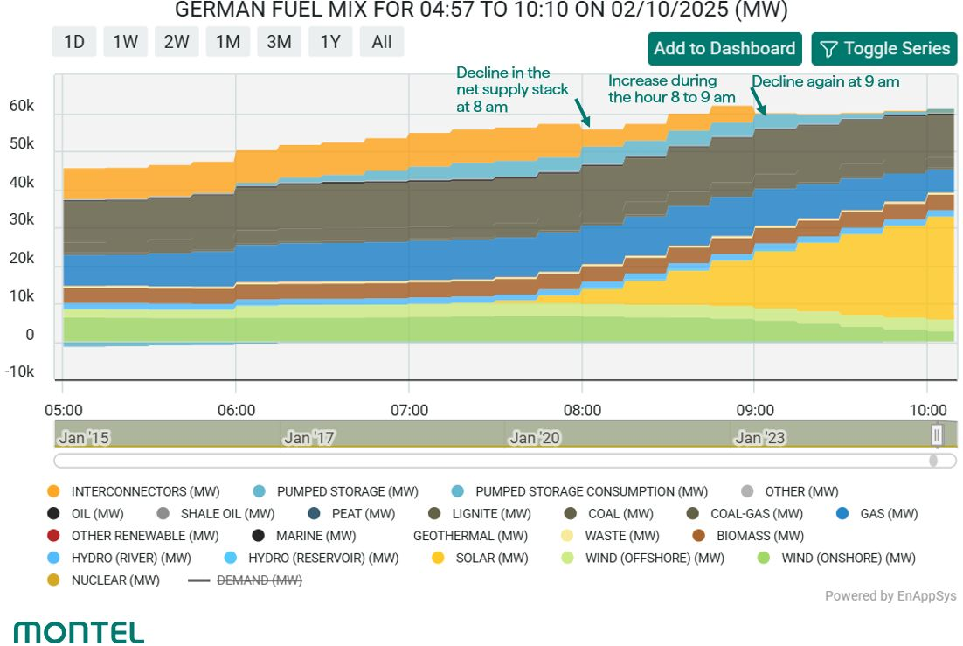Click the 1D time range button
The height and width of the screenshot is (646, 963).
[x=73, y=42]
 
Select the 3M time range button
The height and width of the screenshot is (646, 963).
[x=279, y=42]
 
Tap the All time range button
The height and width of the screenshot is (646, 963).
[x=381, y=42]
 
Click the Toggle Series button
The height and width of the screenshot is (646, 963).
[x=884, y=49]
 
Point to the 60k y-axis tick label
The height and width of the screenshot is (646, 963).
[x=22, y=106]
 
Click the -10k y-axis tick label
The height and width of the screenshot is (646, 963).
[x=19, y=372]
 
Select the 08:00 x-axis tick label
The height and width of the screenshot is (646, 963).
[x=582, y=410]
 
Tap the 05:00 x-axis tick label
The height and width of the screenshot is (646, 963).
[x=64, y=410]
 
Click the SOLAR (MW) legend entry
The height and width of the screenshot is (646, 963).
[x=480, y=558]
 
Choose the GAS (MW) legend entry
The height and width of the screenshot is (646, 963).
[x=877, y=514]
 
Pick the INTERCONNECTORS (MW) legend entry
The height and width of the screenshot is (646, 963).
[x=134, y=492]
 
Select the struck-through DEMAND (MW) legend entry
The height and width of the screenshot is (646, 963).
[x=245, y=580]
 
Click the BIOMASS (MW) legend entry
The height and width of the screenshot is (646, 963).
[x=748, y=536]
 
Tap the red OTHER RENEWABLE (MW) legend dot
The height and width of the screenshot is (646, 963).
[x=53, y=535]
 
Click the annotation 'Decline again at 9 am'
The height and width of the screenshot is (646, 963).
[x=826, y=82]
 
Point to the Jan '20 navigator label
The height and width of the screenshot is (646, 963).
[x=534, y=438]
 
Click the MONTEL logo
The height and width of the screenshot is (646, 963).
[x=79, y=633]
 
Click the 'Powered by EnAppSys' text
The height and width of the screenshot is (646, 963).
[x=890, y=595]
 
